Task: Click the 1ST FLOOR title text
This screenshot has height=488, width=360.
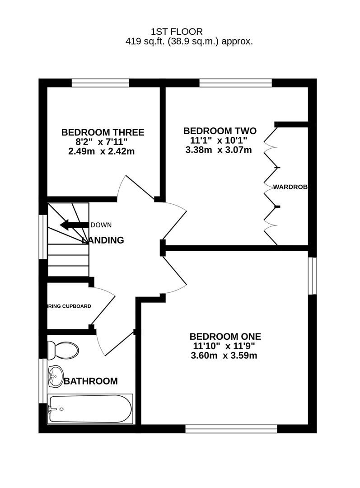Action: click(x=177, y=32)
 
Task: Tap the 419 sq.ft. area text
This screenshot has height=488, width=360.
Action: click(x=189, y=42)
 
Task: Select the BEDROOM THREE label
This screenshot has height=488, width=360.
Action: click(x=103, y=132)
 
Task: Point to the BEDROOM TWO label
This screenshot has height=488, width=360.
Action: click(x=220, y=131)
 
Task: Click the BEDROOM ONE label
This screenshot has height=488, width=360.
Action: click(x=225, y=337)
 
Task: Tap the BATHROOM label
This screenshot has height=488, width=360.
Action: click(x=90, y=381)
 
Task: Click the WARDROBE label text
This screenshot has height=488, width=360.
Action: click(x=290, y=187)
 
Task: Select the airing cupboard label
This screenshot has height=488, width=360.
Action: click(x=70, y=306)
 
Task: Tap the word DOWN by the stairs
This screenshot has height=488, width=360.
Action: click(x=101, y=225)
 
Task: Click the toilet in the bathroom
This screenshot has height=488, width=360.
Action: click(x=63, y=350)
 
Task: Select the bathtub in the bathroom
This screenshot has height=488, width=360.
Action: click(x=90, y=409)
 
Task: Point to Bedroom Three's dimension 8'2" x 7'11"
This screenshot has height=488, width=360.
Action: click(x=103, y=142)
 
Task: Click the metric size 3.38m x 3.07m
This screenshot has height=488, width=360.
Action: click(x=219, y=150)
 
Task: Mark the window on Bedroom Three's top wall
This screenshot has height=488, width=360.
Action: click(x=100, y=83)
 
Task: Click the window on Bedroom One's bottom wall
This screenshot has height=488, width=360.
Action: click(x=231, y=428)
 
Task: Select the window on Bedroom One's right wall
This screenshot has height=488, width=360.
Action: click(x=312, y=276)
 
